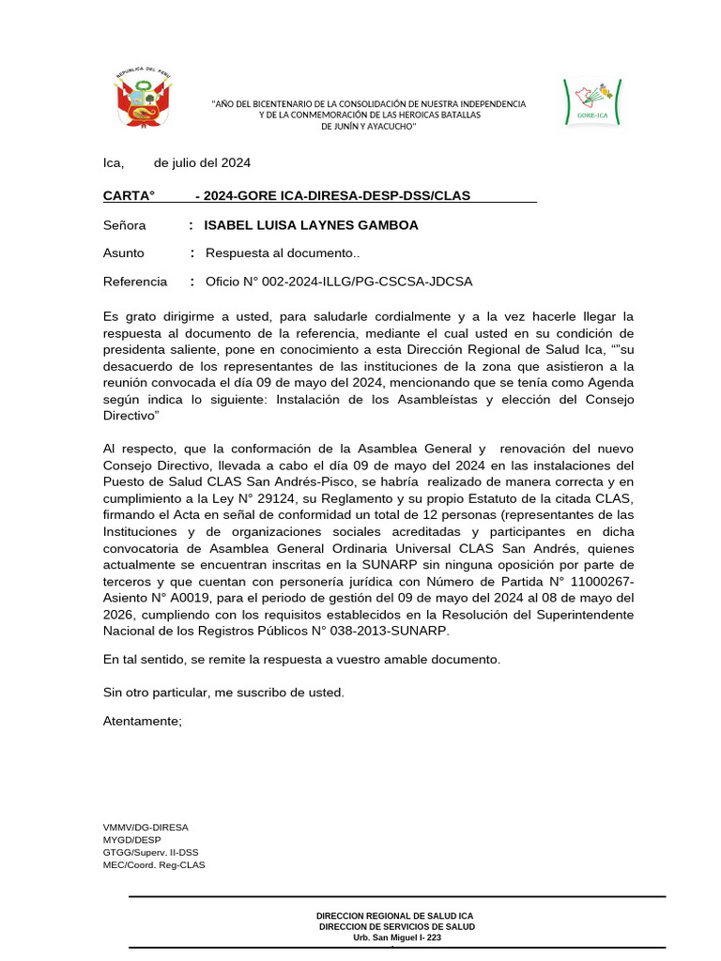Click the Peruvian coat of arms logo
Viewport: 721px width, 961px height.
[144, 99]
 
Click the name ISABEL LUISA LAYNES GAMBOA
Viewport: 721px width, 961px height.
[311, 225]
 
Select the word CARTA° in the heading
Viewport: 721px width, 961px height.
[129, 195]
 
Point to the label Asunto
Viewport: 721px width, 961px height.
[124, 253]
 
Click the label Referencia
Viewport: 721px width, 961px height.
[135, 282]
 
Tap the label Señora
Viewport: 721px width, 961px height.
[125, 225]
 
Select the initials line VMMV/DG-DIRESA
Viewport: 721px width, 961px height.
[146, 828]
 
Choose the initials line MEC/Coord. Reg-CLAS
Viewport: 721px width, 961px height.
[154, 864]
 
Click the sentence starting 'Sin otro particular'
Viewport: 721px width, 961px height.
[223, 693]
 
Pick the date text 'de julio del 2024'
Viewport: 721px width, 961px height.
[202, 163]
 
